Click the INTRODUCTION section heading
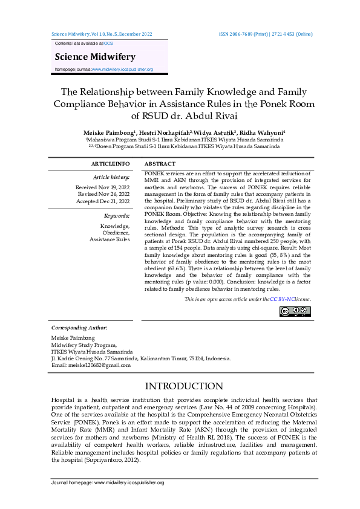pyautogui.click(x=180, y=386)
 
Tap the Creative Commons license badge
pyautogui.click(x=295, y=311)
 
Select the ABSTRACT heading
pyautogui.click(x=161, y=164)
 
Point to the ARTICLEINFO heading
pyautogui.click(x=110, y=164)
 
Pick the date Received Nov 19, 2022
pyautogui.click(x=102, y=187)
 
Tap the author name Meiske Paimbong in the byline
pyautogui.click(x=108, y=132)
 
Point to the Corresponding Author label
pyautogui.click(x=79, y=328)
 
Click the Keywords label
pyautogui.click(x=117, y=215)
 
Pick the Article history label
pyautogui.click(x=111, y=177)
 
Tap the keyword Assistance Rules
pyautogui.click(x=110, y=239)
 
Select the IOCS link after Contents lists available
pyautogui.click(x=108, y=44)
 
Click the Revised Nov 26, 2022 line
pyautogui.click(x=104, y=194)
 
